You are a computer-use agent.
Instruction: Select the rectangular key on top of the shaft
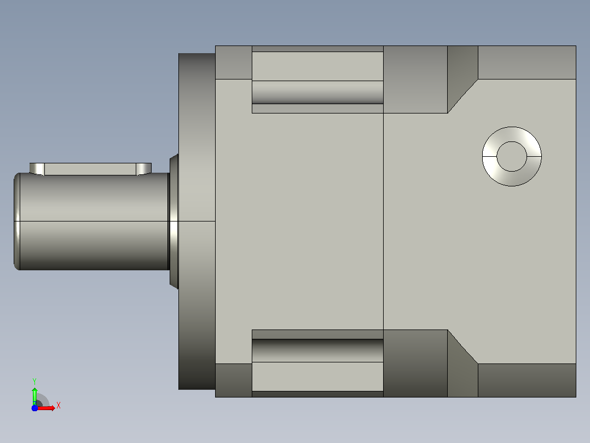tap(90, 169)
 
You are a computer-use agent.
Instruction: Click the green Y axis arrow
tap(34, 395)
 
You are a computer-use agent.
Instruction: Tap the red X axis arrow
tap(45, 408)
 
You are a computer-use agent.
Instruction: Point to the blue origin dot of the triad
tap(34, 408)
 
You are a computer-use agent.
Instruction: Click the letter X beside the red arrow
tap(59, 406)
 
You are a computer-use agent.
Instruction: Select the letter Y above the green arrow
tap(34, 381)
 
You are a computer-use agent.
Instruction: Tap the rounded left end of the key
tap(37, 169)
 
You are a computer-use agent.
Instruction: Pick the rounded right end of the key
tap(144, 169)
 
